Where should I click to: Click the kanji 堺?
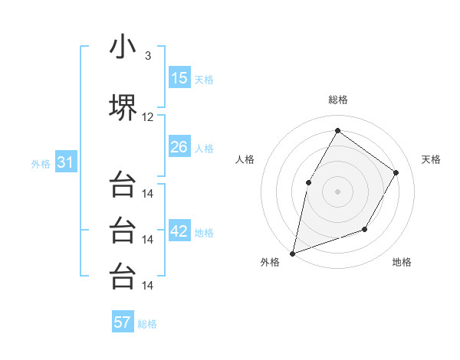tap(123, 107)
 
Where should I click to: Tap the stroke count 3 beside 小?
tap(147, 55)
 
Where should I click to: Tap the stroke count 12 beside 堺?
tap(148, 117)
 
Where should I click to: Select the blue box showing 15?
tap(179, 78)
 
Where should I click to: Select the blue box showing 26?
tap(179, 147)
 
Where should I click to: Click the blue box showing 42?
tap(179, 231)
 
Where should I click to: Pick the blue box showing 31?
tap(65, 162)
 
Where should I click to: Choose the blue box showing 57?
tap(123, 322)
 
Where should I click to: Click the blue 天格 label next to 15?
tap(204, 79)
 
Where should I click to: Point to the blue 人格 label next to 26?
tap(204, 148)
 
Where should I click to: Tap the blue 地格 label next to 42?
tap(204, 232)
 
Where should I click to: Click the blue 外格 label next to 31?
tap(41, 163)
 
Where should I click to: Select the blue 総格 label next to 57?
tap(147, 323)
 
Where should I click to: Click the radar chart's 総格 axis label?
tap(337, 100)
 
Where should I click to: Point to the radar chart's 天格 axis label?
tap(431, 159)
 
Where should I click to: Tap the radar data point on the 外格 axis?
tap(292, 253)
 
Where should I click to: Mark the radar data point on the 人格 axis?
tap(308, 182)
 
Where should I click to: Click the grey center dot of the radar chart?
tap(337, 191)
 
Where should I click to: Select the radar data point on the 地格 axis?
tap(365, 229)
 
